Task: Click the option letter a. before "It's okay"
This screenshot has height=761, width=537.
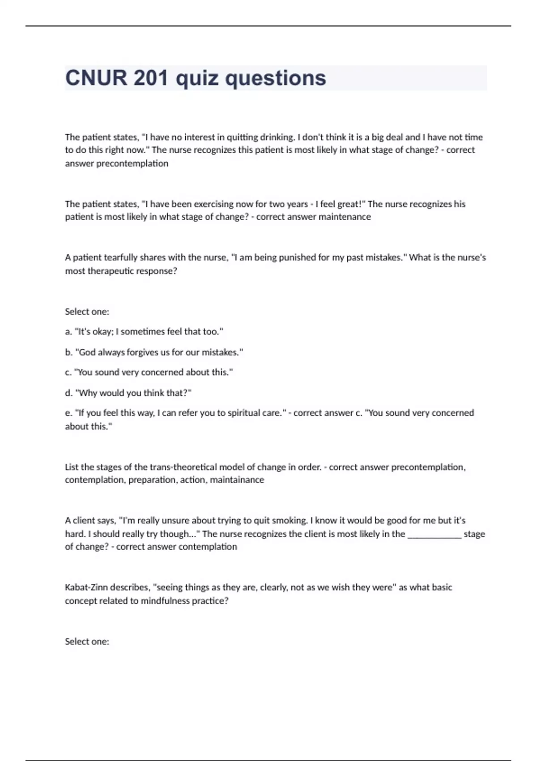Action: click(68, 332)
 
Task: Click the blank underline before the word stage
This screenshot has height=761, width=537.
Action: click(434, 534)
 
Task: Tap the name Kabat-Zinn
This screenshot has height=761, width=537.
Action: click(85, 587)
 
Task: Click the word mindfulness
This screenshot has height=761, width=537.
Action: click(165, 601)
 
